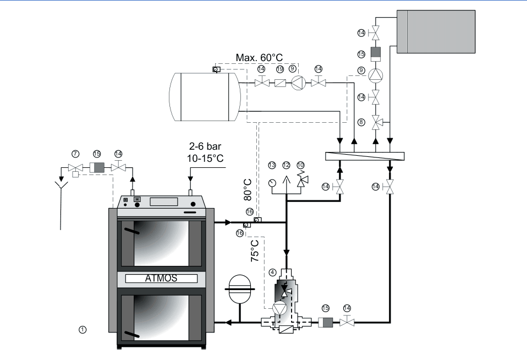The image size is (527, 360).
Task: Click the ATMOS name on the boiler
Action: click(x=161, y=278)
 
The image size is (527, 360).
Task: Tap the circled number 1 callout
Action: click(x=83, y=329)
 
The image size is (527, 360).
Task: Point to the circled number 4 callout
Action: click(x=272, y=272)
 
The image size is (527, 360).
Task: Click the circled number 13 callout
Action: click(x=272, y=165)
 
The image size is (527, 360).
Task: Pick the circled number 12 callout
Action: click(x=286, y=165)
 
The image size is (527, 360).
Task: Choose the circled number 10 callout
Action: click(x=300, y=165)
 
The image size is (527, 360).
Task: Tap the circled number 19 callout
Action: click(x=279, y=69)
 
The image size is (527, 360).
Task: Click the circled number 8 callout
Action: click(x=361, y=122)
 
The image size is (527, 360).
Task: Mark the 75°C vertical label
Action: click(x=255, y=250)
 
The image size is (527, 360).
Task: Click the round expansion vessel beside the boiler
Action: click(x=240, y=288)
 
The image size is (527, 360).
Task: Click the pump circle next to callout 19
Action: click(x=297, y=84)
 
